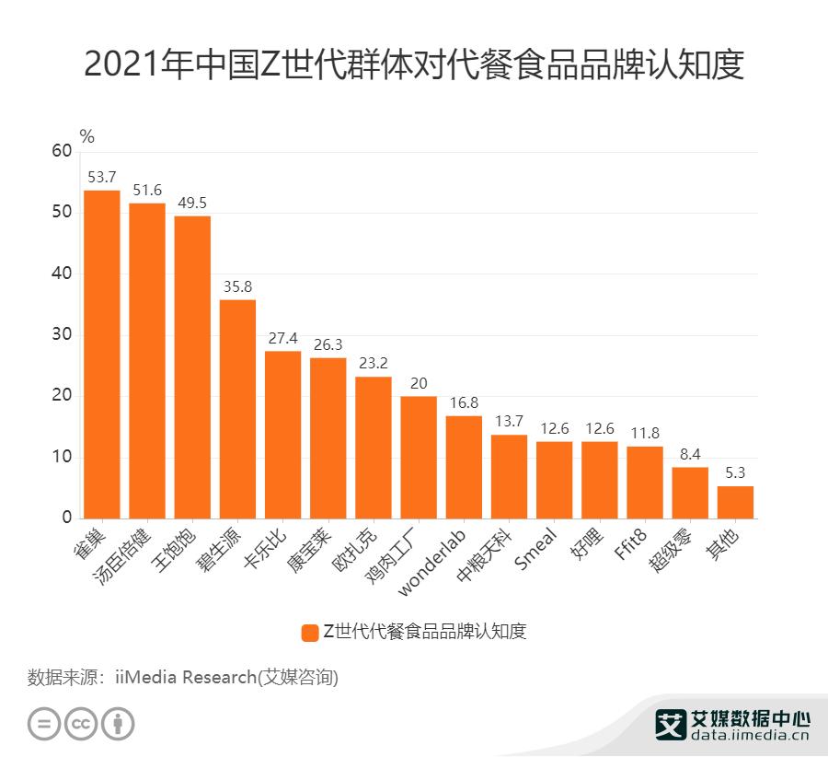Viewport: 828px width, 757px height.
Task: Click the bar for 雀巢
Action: [x=102, y=355]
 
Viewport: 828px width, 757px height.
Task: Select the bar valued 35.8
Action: [x=237, y=409]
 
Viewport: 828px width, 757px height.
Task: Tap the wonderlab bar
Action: [x=464, y=467]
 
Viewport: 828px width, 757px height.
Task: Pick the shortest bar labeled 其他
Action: [x=735, y=502]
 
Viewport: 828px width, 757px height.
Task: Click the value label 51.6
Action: [x=147, y=190]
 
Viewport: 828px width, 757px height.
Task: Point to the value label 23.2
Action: [x=374, y=363]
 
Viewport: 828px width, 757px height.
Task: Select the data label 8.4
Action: [x=690, y=454]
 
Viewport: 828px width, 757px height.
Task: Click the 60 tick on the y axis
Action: [x=62, y=152]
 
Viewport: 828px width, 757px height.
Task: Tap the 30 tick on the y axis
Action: [x=62, y=335]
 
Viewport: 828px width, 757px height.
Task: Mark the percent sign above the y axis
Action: [x=87, y=136]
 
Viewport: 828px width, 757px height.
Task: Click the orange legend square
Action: [x=309, y=632]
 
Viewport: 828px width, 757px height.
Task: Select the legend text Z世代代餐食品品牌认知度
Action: [x=423, y=632]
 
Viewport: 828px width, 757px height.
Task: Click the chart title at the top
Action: [x=413, y=66]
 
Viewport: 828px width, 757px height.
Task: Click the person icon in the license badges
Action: [x=118, y=723]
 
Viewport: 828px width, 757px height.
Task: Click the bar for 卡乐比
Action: [x=283, y=435]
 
